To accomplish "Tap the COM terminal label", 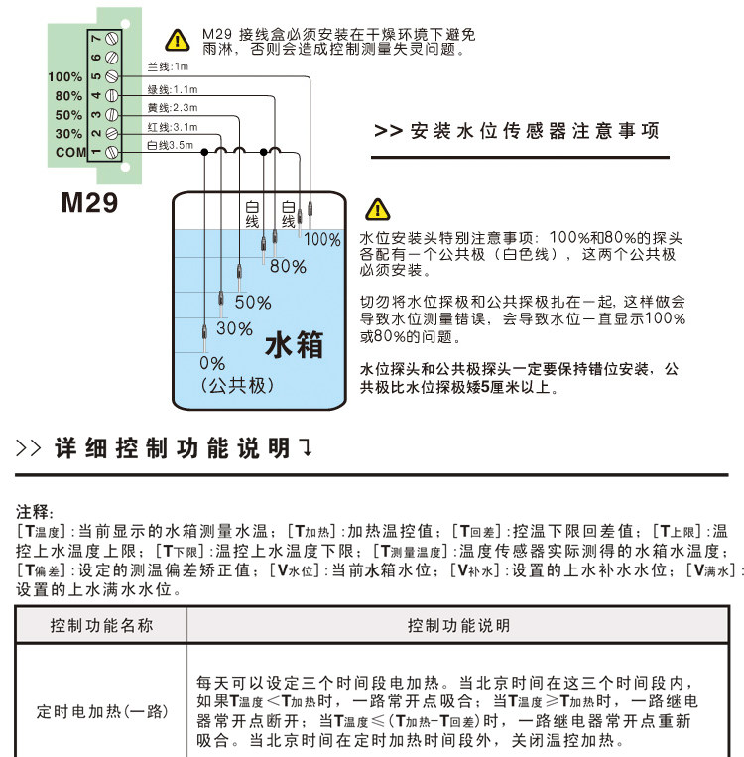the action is [x=70, y=152].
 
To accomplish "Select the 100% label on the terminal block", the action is [x=64, y=76].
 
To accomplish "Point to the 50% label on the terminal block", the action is [x=68, y=115].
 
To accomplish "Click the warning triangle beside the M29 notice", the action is [x=177, y=41].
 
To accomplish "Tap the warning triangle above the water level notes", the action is [x=378, y=210].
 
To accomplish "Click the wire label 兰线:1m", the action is [x=168, y=67].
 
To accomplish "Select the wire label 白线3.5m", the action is [x=171, y=145].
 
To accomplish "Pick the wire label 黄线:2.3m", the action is [x=173, y=107].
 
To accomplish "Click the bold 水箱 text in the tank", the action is [x=295, y=344].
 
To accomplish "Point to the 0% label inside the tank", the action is [x=212, y=364].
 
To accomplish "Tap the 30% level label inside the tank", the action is [x=234, y=328].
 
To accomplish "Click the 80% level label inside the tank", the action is [x=288, y=266].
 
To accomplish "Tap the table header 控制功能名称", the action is [x=102, y=626].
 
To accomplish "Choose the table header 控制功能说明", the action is [x=459, y=626].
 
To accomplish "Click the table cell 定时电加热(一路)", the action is [x=103, y=712].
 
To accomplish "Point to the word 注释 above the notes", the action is [x=36, y=512].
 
